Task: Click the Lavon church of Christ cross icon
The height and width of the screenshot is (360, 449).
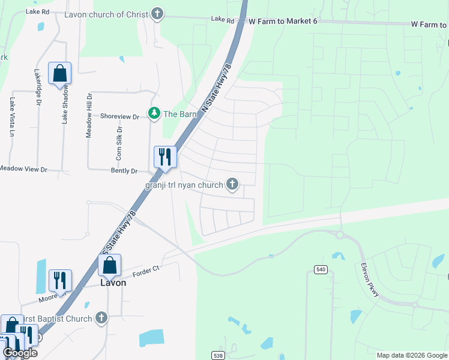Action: [x=157, y=14]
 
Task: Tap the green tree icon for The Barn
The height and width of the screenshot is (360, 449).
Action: [x=154, y=113]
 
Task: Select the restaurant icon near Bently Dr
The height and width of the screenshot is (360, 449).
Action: [x=164, y=157]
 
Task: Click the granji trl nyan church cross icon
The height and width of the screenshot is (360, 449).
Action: [x=232, y=185]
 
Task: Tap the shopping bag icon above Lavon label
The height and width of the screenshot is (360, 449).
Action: [x=109, y=265]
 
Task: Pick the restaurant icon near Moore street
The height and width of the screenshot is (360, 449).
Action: [x=60, y=280]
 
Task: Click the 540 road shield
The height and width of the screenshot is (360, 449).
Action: [x=321, y=270]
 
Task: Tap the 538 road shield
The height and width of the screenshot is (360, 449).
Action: [x=217, y=355]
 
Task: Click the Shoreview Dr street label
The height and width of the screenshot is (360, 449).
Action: [x=119, y=116]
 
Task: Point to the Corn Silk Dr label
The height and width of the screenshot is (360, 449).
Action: [x=119, y=142]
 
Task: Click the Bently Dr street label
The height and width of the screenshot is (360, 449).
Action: [x=124, y=171]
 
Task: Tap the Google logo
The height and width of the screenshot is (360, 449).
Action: [x=20, y=353]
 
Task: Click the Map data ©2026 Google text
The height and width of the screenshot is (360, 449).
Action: [x=411, y=355]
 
